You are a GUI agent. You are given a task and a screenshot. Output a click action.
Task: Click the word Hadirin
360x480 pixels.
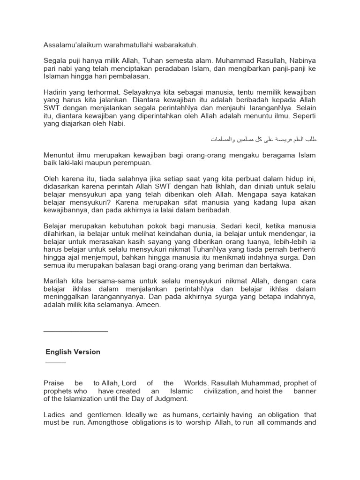coord(56,93)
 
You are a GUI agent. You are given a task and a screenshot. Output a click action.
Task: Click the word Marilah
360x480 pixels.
coord(56,281)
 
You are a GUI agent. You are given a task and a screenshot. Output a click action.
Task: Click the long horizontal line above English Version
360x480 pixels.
coord(75,331)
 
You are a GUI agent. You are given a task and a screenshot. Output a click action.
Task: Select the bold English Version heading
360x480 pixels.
coord(73,352)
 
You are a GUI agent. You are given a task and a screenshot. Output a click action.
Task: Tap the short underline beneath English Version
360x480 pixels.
coord(56,363)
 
